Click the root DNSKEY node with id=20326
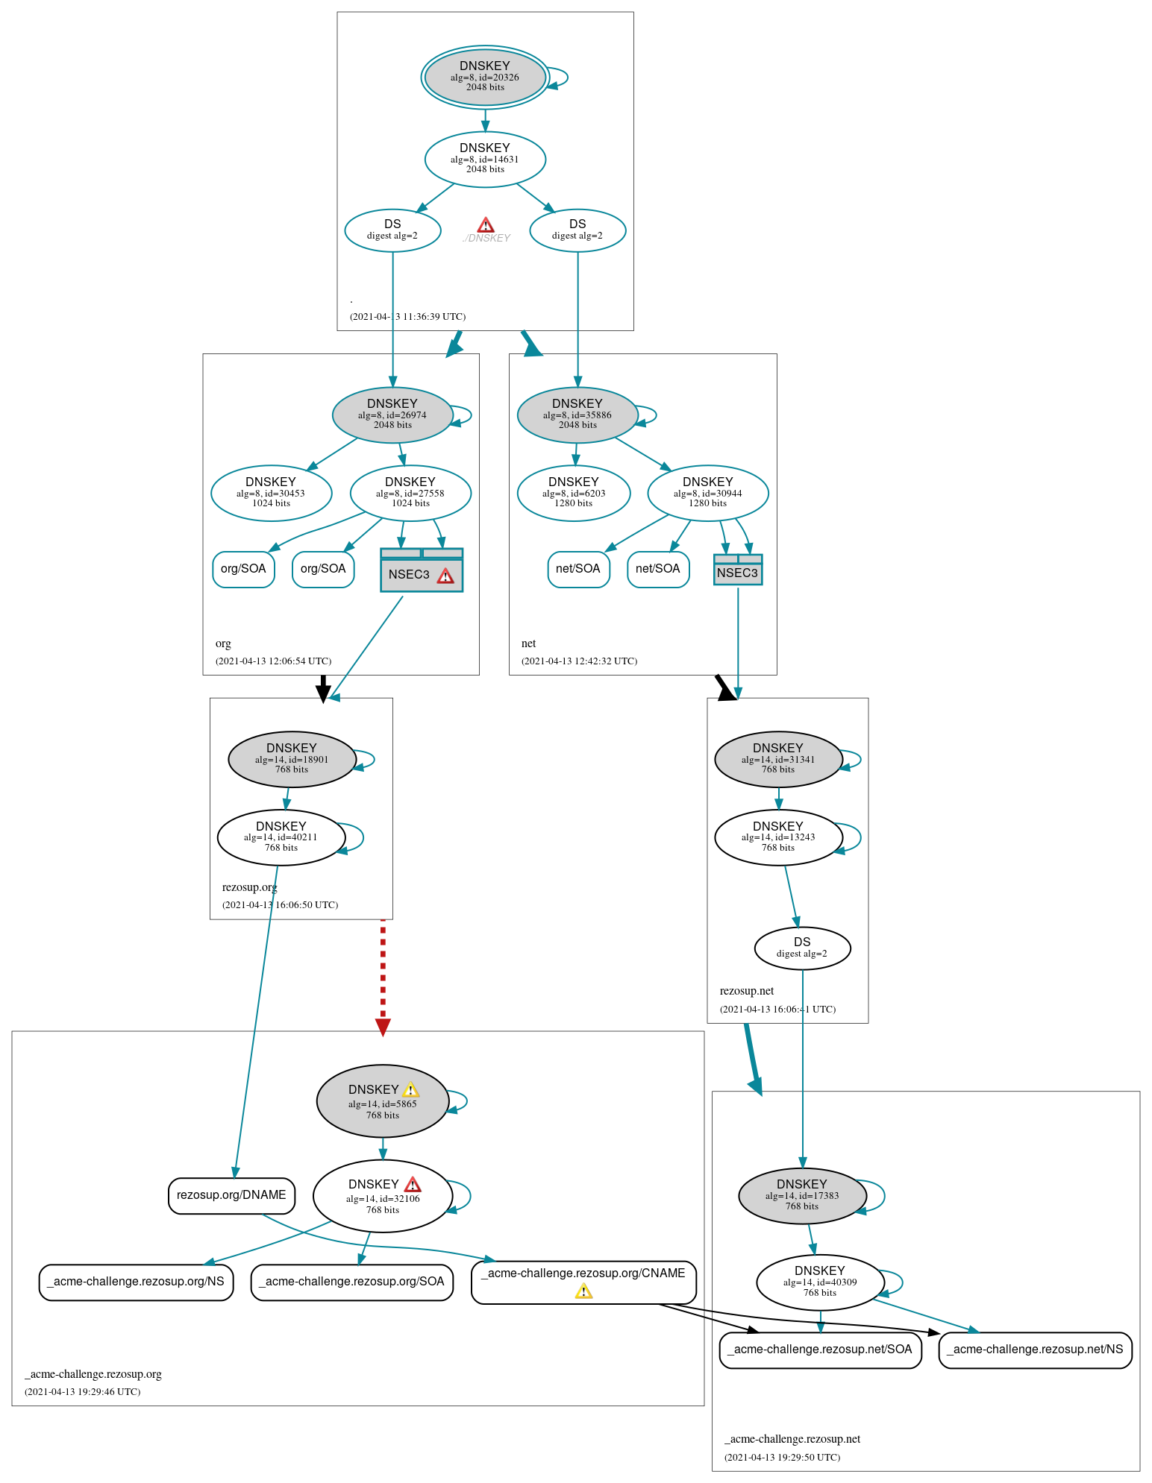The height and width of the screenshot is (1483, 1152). coord(485,77)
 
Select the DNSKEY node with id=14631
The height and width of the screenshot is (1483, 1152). coord(485,159)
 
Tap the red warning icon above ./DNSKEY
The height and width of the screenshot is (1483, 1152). coord(486,225)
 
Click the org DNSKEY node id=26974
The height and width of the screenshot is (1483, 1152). coord(392,415)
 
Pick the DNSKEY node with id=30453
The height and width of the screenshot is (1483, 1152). coord(271,493)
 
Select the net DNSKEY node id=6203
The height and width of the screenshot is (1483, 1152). coord(573,493)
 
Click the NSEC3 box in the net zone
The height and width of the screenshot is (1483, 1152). coord(737,572)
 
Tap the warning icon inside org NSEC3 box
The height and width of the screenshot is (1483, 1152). coord(445,576)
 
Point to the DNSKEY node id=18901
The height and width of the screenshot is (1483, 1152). coord(292,759)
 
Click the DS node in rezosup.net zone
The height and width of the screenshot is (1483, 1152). coord(802,948)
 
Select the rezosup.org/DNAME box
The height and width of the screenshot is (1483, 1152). coord(231,1195)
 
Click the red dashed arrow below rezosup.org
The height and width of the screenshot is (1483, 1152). coord(383,977)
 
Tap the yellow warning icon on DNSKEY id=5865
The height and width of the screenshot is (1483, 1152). coord(410,1090)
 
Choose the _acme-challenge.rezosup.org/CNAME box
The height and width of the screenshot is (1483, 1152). coord(583,1282)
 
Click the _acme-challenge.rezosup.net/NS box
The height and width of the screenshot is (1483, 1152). coord(1035,1350)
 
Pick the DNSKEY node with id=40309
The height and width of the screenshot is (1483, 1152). coord(820,1282)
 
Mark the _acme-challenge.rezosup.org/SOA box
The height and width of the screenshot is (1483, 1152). coord(351,1282)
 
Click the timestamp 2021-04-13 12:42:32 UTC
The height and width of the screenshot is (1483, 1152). coord(579,661)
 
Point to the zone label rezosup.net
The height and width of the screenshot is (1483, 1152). coord(746,991)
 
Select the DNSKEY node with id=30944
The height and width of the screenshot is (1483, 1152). coord(707,493)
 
